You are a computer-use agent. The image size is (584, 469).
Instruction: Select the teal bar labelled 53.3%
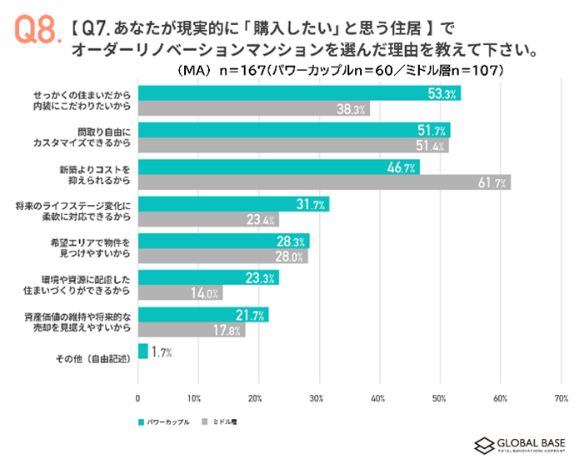coord(298,93)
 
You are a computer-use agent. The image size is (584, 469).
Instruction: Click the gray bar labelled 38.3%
coord(253,109)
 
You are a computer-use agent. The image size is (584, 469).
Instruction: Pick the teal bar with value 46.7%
coord(278,167)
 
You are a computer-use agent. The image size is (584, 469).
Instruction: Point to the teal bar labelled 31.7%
coord(233,204)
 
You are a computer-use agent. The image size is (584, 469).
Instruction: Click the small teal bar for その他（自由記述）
coord(142,352)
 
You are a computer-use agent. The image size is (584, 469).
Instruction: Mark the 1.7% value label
coord(162,352)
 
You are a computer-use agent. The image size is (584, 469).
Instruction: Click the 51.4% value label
coord(434,146)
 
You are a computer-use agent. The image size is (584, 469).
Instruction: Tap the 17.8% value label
coord(231,330)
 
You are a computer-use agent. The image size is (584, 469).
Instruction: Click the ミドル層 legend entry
coord(220,422)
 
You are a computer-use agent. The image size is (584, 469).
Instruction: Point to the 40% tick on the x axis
coord(379,398)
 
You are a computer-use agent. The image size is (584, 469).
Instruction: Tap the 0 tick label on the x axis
coord(137,398)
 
